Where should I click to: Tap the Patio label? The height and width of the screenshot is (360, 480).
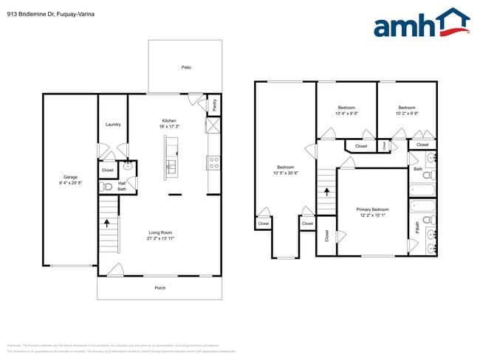click(187, 67)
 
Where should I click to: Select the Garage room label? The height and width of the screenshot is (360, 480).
click(70, 177)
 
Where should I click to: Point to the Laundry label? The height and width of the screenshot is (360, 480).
click(113, 124)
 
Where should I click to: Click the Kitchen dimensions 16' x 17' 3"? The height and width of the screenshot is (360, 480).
click(170, 127)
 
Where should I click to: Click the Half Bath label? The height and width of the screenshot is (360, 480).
click(122, 187)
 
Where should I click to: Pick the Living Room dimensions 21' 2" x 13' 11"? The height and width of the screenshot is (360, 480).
click(160, 238)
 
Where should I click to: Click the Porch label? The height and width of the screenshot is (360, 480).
click(160, 287)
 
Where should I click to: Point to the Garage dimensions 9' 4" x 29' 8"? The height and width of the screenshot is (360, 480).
click(70, 183)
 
